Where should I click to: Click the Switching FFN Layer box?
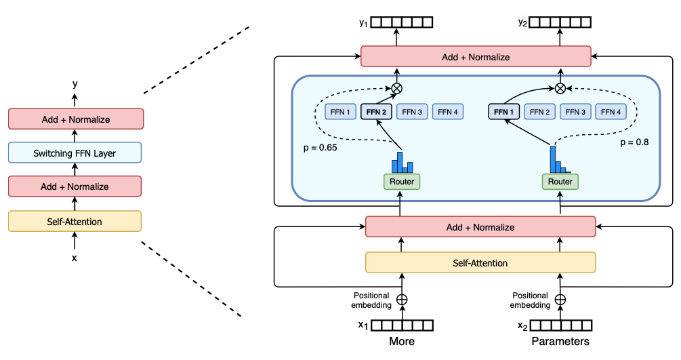[x=75, y=153]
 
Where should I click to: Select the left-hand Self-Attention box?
[x=75, y=221]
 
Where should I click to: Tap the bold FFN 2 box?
[x=376, y=111]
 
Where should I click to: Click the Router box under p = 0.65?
[x=402, y=181]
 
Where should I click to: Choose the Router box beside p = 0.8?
[x=560, y=181]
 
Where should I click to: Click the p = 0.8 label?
[x=634, y=143]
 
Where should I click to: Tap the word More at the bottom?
[x=402, y=341]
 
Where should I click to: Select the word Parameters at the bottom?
[x=560, y=341]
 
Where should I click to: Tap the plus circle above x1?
[x=402, y=299]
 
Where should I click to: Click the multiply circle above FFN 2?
[x=397, y=88]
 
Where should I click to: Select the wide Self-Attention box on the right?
[x=480, y=262]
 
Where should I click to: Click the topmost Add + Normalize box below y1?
[x=476, y=57]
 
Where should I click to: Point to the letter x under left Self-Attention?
[x=75, y=258]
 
